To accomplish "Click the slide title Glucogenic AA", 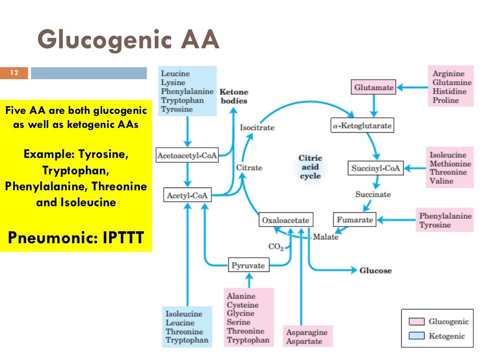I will tap(128, 40).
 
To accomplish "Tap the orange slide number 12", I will tap(14, 73).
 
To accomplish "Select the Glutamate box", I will tap(373, 87).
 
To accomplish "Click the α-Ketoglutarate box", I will tap(361, 126).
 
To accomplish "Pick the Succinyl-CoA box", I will tap(376, 168).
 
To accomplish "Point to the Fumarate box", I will tap(355, 219).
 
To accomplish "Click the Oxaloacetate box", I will tap(285, 220).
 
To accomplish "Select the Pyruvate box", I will tap(248, 266).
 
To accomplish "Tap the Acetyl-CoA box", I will tap(187, 195).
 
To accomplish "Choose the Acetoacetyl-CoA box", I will tap(187, 156).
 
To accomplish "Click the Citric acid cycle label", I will tap(310, 167).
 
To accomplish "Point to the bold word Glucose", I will tap(375, 270).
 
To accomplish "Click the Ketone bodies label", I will tap(233, 97).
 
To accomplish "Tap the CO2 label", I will tap(276, 247).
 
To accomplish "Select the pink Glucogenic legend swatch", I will tap(416, 322).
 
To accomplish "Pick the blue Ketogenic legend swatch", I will tap(416, 336).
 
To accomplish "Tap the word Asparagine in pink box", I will tap(307, 332).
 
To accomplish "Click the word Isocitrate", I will tap(257, 127).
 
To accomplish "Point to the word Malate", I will tap(325, 237).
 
